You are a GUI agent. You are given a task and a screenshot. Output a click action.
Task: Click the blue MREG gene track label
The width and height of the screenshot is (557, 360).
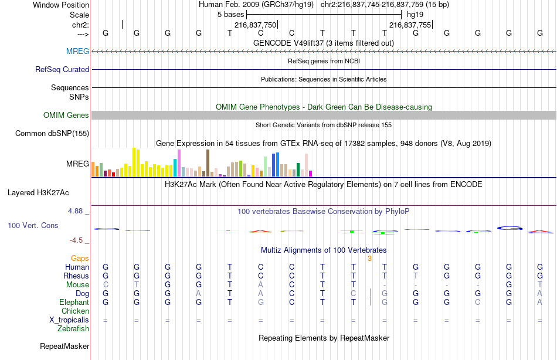pos(77,52)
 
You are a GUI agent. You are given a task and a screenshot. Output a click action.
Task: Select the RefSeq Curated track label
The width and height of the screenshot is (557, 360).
pos(62,70)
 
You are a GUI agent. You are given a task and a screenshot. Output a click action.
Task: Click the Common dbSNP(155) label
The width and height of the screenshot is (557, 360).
pos(52,134)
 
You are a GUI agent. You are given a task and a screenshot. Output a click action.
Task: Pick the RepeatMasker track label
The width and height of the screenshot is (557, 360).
pos(64,347)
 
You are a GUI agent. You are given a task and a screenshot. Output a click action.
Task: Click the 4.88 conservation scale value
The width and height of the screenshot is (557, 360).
pos(79,210)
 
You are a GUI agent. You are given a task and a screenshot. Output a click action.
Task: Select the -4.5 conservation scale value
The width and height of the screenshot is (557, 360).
pos(79,240)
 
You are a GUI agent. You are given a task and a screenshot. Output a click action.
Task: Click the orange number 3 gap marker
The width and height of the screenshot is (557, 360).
pos(369,258)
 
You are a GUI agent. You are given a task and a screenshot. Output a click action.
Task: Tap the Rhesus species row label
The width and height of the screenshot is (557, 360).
pos(77,276)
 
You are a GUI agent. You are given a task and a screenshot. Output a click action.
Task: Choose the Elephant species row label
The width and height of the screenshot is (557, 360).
pos(74,303)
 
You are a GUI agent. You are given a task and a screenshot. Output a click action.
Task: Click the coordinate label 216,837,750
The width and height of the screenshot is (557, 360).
pos(254,25)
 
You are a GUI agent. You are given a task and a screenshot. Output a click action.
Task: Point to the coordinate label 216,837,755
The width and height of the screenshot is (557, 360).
pos(410,25)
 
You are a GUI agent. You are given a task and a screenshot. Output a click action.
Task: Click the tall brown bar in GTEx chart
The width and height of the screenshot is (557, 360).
pos(208,163)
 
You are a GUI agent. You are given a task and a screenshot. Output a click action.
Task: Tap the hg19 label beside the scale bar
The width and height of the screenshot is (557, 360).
pos(415,15)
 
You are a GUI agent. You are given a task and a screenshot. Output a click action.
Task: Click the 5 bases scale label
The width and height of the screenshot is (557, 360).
pos(230,15)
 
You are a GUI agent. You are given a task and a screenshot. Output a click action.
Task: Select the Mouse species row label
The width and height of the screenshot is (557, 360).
pos(78,285)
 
